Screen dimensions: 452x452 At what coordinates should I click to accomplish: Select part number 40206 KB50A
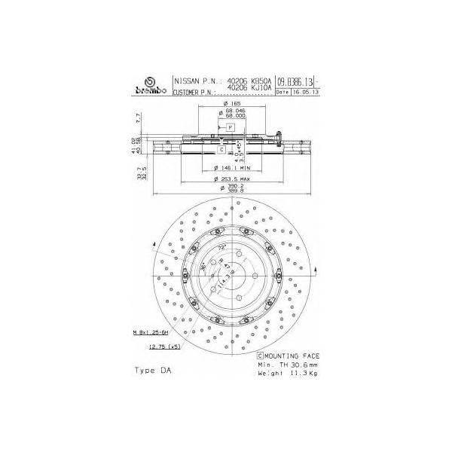point(249,81)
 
